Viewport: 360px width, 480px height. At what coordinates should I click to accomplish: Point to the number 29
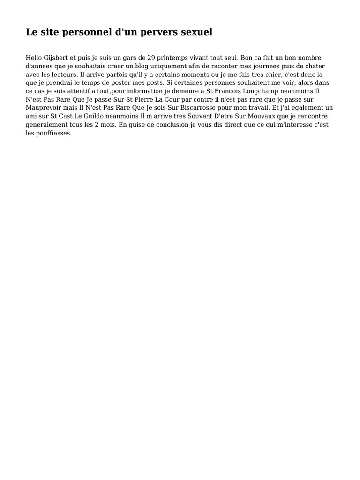(151, 58)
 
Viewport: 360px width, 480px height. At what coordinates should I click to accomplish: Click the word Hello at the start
(34, 58)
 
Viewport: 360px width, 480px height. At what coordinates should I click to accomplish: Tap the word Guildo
(95, 117)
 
